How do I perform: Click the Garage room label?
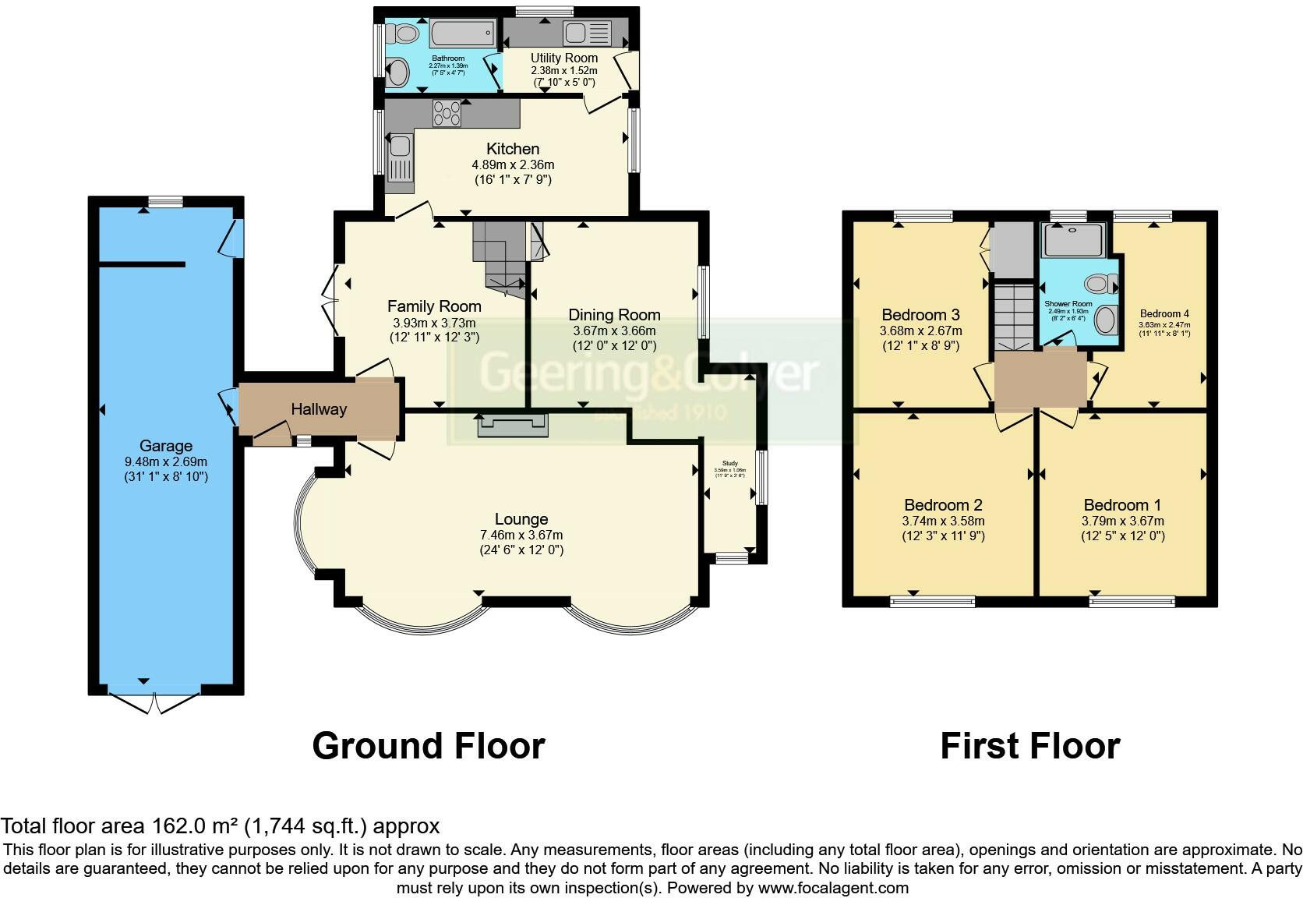(x=165, y=446)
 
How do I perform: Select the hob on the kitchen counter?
(x=447, y=113)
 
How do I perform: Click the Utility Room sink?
(x=577, y=34)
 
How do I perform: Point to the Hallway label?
(x=319, y=409)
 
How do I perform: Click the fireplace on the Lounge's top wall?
(x=513, y=424)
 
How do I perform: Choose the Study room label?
(x=730, y=463)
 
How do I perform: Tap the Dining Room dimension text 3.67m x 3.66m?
(x=614, y=331)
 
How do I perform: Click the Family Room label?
(x=434, y=306)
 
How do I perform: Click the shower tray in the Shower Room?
(x=1074, y=240)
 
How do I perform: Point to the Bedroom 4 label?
(x=1164, y=314)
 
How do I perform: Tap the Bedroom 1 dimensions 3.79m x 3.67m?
(x=1122, y=521)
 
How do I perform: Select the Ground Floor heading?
(x=428, y=746)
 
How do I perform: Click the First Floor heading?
(x=1029, y=746)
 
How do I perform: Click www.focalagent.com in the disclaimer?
(x=833, y=888)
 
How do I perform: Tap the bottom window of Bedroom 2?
(x=932, y=600)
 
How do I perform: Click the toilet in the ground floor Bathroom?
(x=404, y=34)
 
